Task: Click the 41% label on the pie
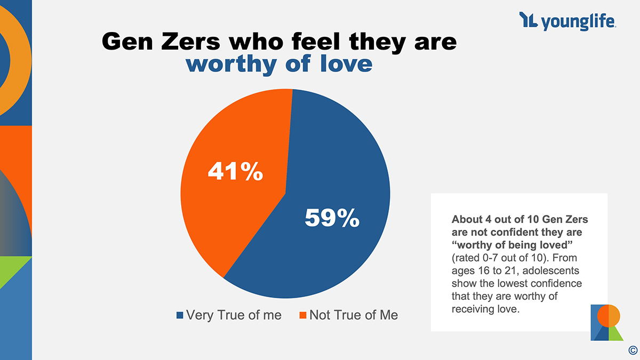tap(235, 172)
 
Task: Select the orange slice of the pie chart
tap(224, 213)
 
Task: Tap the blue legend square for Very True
tap(180, 315)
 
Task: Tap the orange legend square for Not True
tap(302, 315)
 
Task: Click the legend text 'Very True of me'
tap(234, 315)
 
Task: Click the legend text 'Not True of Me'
tap(353, 315)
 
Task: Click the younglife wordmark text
tap(579, 22)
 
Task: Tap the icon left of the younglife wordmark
tap(528, 21)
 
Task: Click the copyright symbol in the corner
tap(633, 350)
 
